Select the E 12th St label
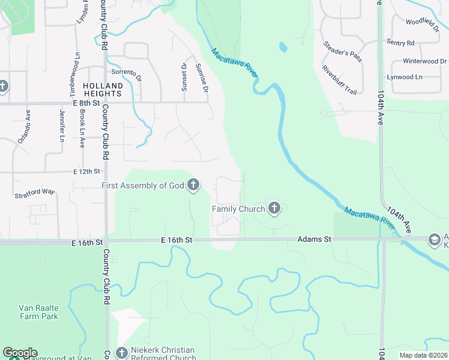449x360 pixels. point(86,172)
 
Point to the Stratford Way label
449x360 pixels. point(35,194)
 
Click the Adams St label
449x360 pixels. point(314,239)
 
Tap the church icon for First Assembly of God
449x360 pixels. point(193,185)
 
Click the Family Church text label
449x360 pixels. point(238,209)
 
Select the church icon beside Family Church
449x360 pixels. point(274,208)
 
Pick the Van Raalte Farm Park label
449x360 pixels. point(37,312)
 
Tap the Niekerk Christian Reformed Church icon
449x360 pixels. point(122,352)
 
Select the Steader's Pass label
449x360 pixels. point(343,52)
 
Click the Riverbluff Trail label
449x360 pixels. point(339,80)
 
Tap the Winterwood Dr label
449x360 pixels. point(424,61)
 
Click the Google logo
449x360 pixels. point(19,353)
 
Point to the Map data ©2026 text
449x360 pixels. point(423,355)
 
